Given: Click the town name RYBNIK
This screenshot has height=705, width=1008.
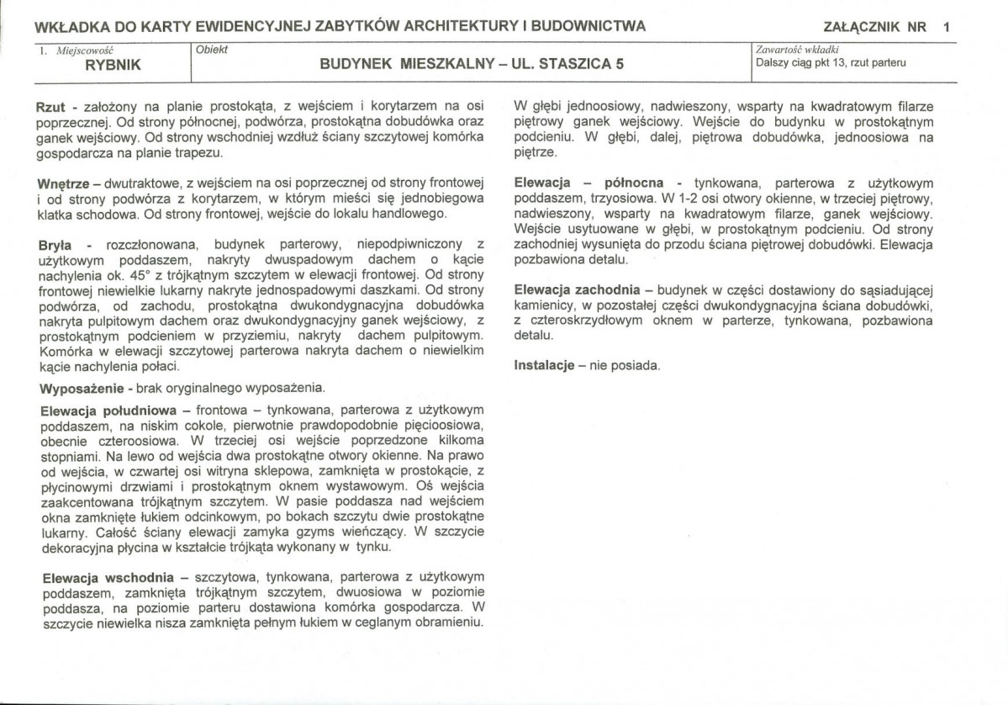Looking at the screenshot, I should [x=113, y=65].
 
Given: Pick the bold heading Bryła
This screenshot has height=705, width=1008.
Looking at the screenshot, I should [x=56, y=245].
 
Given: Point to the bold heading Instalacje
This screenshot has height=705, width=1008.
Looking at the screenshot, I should [x=543, y=366].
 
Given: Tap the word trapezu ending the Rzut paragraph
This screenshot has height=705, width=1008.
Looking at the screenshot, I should [x=199, y=153].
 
